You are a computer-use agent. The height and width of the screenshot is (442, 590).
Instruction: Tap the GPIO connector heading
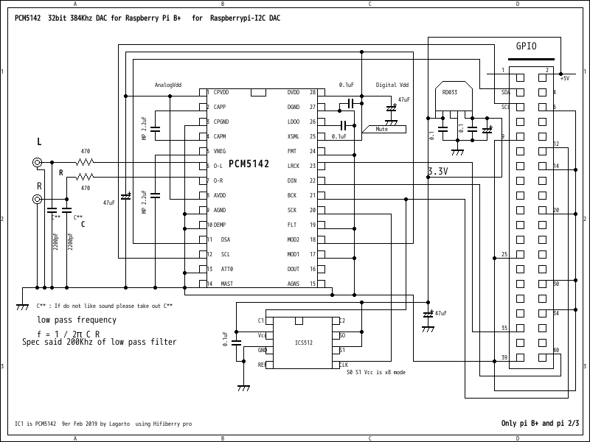click(526, 46)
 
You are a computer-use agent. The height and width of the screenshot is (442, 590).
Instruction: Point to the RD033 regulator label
click(449, 92)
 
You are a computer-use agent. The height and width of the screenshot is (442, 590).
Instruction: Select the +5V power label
click(564, 77)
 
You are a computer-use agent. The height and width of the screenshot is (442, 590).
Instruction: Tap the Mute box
click(382, 129)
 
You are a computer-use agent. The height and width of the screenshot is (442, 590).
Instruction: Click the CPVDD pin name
click(221, 92)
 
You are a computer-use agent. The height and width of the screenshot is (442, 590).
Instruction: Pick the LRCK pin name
click(293, 166)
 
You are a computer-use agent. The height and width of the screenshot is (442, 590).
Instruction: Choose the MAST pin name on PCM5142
click(227, 284)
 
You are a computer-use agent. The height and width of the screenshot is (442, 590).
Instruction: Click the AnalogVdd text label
click(168, 85)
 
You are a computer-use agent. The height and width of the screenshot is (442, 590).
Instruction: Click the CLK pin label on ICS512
click(343, 365)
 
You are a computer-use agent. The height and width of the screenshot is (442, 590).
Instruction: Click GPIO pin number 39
click(504, 357)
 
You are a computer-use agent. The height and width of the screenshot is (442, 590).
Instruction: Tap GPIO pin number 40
click(556, 350)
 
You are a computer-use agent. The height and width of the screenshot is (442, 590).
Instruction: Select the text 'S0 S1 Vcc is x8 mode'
click(375, 373)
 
